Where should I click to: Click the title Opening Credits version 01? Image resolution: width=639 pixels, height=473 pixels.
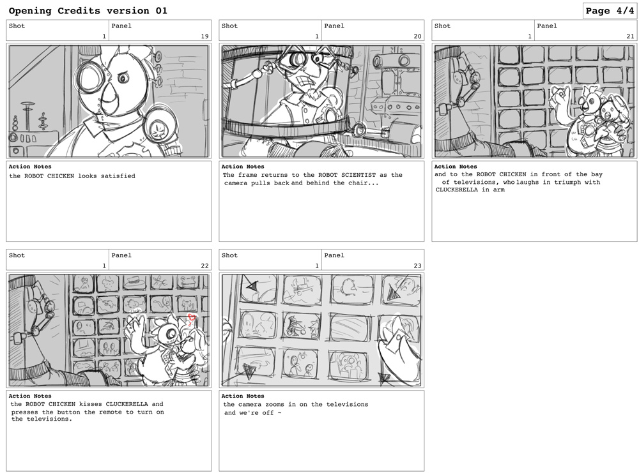(88, 11)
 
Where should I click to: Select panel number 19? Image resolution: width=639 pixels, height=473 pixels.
(204, 36)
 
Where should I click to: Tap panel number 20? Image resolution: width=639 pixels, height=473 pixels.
(417, 36)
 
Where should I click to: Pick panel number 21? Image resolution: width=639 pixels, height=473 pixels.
(630, 36)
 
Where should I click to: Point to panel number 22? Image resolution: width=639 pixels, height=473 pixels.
(204, 266)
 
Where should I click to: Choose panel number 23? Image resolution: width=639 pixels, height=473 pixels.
(417, 266)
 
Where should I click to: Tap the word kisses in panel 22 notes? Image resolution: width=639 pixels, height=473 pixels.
(91, 404)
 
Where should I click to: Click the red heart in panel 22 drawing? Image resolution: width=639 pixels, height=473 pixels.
(192, 317)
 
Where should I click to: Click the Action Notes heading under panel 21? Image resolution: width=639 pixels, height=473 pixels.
(455, 167)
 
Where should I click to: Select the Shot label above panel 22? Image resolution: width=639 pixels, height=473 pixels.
(17, 255)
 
